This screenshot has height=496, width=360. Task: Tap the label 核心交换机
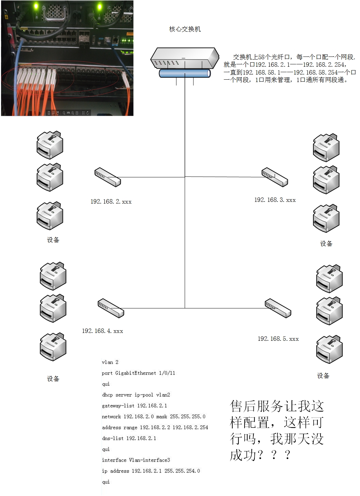pyautogui.click(x=185, y=29)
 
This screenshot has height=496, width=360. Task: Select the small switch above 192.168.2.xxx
pyautogui.click(x=108, y=177)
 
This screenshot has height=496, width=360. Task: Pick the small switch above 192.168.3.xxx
pyautogui.click(x=275, y=177)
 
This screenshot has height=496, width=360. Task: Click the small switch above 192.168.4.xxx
pyautogui.click(x=111, y=308)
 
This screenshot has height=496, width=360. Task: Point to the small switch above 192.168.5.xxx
pyautogui.click(x=278, y=308)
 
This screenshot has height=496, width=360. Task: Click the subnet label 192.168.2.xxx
pyautogui.click(x=111, y=202)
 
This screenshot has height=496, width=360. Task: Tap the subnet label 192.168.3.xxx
pyautogui.click(x=275, y=200)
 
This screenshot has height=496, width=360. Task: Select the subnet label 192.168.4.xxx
pyautogui.click(x=102, y=331)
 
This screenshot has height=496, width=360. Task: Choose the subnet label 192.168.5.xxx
pyautogui.click(x=278, y=339)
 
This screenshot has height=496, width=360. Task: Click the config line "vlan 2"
pyautogui.click(x=110, y=362)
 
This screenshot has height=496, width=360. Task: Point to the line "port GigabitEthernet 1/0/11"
pyautogui.click(x=138, y=373)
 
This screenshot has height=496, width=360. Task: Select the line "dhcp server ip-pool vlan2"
pyautogui.click(x=136, y=395)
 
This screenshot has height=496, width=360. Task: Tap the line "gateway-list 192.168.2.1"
pyautogui.click(x=134, y=406)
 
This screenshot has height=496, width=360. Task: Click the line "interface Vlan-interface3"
pyautogui.click(x=136, y=460)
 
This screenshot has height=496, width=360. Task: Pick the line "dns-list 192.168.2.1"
pyautogui.click(x=129, y=438)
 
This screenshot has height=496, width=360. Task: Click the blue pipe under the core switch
pyautogui.click(x=185, y=73)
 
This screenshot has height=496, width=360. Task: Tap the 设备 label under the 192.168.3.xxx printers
pyautogui.click(x=326, y=244)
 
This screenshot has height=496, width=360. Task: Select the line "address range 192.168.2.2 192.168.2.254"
pyautogui.click(x=155, y=428)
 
